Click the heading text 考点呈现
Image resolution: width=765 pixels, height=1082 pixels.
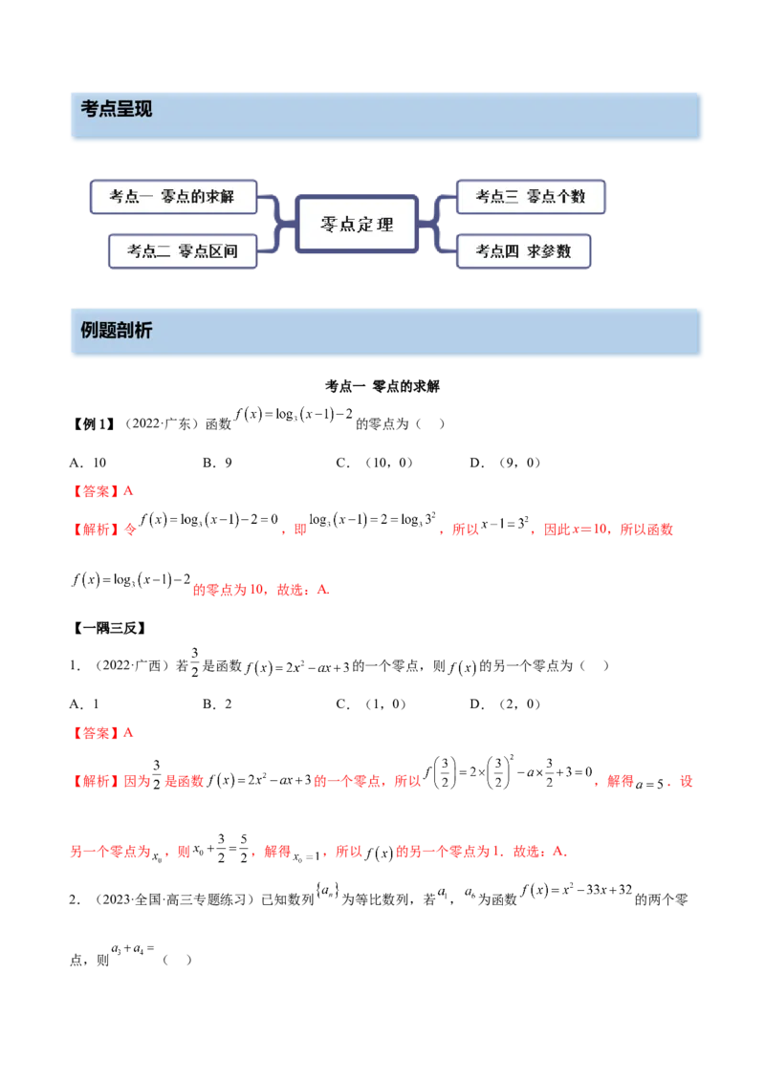(x=117, y=109)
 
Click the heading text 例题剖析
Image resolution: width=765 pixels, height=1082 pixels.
(x=117, y=331)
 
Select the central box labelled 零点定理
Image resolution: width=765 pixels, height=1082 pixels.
(x=356, y=226)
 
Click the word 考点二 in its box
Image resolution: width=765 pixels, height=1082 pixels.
(x=150, y=251)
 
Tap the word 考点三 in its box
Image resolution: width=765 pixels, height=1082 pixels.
(x=497, y=197)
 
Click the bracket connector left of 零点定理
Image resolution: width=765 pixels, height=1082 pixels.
(x=275, y=225)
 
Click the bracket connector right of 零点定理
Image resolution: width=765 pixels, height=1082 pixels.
(x=436, y=225)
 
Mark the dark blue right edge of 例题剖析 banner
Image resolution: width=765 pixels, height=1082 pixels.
(x=704, y=332)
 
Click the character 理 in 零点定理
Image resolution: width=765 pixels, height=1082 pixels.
(x=384, y=226)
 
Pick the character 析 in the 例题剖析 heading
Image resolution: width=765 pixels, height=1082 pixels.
(x=143, y=331)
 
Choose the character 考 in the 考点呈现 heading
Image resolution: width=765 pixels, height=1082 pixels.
(x=89, y=109)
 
